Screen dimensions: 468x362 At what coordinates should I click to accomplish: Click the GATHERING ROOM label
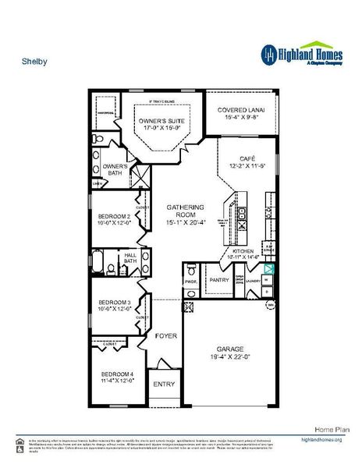coord(185,211)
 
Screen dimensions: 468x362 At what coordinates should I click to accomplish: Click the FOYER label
coord(165,335)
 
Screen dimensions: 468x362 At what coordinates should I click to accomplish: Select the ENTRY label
coord(164,384)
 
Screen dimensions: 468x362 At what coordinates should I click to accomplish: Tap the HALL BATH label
coord(131,259)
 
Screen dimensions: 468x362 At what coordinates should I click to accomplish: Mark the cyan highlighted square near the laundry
coord(267,268)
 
